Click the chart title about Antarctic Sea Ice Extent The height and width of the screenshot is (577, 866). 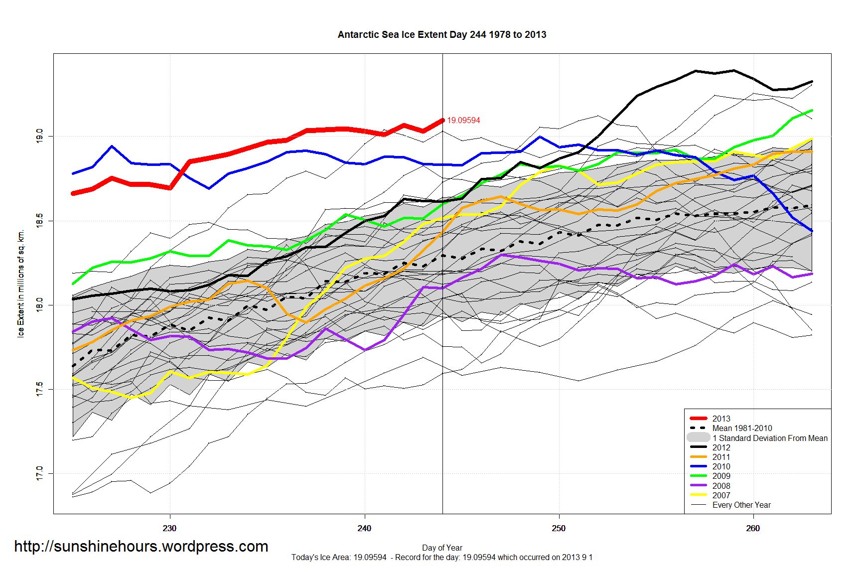coord(442,35)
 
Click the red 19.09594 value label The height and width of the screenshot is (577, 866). coord(463,121)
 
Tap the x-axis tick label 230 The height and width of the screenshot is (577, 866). coord(169,528)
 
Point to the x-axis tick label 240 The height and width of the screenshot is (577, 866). coord(364,528)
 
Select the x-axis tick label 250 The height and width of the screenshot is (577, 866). coord(559,528)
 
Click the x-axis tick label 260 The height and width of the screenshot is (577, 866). coord(753,528)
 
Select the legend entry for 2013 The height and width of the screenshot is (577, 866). coord(721,419)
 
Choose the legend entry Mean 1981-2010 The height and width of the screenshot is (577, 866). coord(742,428)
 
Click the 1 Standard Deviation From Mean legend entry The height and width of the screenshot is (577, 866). coord(770,438)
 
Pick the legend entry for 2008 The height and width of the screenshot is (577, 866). coord(721,486)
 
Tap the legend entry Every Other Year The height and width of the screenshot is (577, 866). coord(741,505)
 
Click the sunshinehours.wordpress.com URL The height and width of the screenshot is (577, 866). coord(141,547)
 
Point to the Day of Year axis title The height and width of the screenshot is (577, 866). coord(442,548)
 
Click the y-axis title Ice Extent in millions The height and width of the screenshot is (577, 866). coord(21,284)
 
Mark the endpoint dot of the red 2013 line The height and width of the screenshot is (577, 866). coord(442,121)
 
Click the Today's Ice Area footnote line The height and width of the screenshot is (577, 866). coord(442,558)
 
